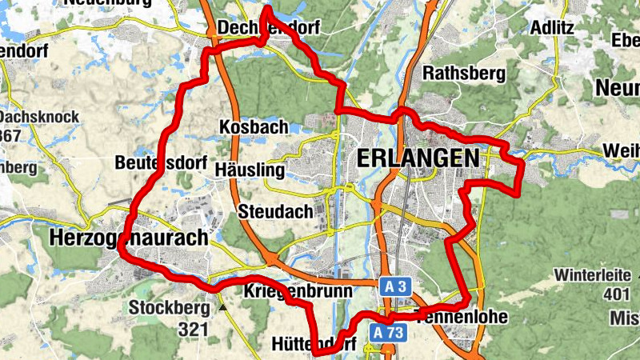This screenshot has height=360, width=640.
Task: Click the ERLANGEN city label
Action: click(416, 158)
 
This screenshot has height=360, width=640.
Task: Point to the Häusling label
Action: click(250, 170)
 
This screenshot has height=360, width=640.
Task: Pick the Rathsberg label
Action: click(464, 74)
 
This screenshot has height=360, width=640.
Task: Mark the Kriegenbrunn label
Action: click(298, 291)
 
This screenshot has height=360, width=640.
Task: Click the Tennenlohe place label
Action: click(462, 316)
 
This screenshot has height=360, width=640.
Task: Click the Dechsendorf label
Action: click(269, 28)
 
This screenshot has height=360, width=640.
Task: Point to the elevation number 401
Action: click(617, 294)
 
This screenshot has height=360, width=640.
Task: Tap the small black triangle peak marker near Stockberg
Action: click(222, 306)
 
